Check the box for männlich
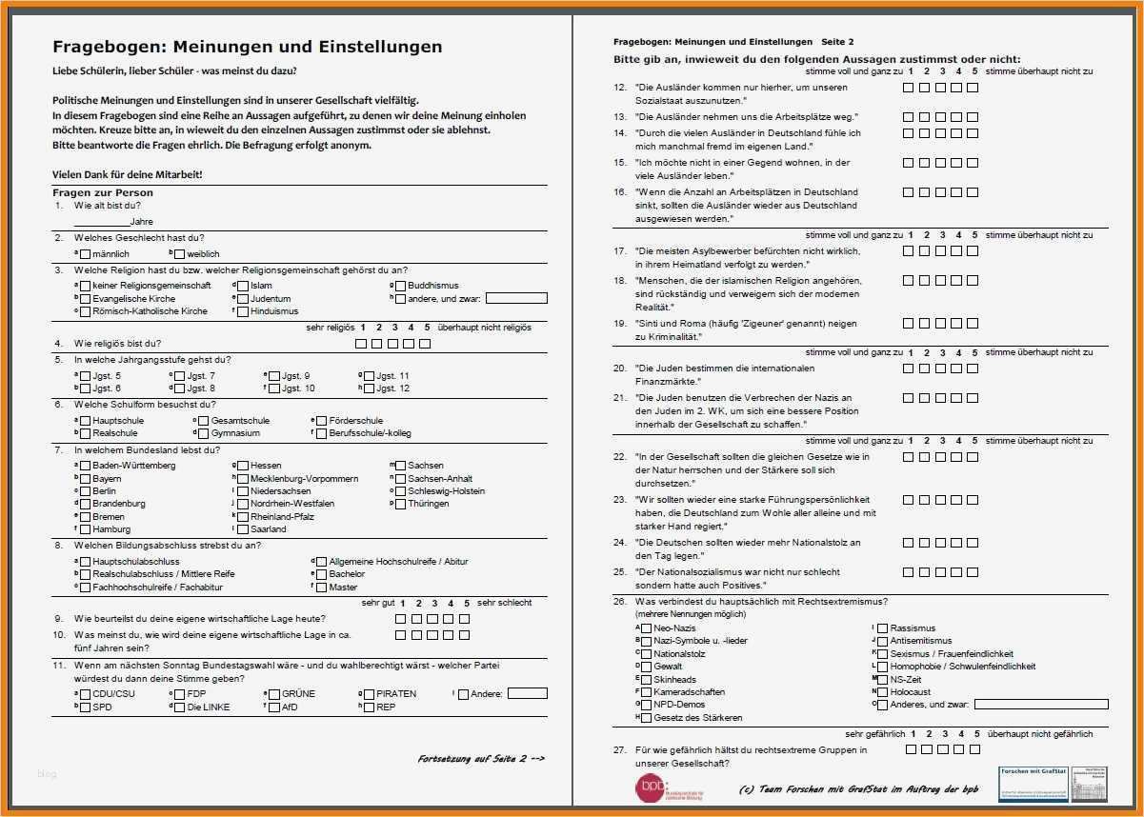click(86, 254)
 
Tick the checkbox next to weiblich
click(181, 254)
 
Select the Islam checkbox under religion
click(243, 286)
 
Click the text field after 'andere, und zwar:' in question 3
click(516, 298)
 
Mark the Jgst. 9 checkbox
click(274, 376)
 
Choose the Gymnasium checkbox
click(204, 433)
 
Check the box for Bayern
click(86, 479)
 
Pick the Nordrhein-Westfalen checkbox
click(243, 504)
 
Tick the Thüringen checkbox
click(400, 504)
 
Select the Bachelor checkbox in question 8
click(321, 574)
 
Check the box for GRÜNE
click(274, 694)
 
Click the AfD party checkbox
click(274, 707)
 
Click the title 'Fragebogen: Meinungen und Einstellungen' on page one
click(247, 47)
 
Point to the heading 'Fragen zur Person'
click(102, 193)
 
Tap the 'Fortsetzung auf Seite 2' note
click(481, 759)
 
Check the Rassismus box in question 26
click(882, 628)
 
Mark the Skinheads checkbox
click(647, 680)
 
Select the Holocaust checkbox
click(882, 692)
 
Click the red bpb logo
click(652, 787)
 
